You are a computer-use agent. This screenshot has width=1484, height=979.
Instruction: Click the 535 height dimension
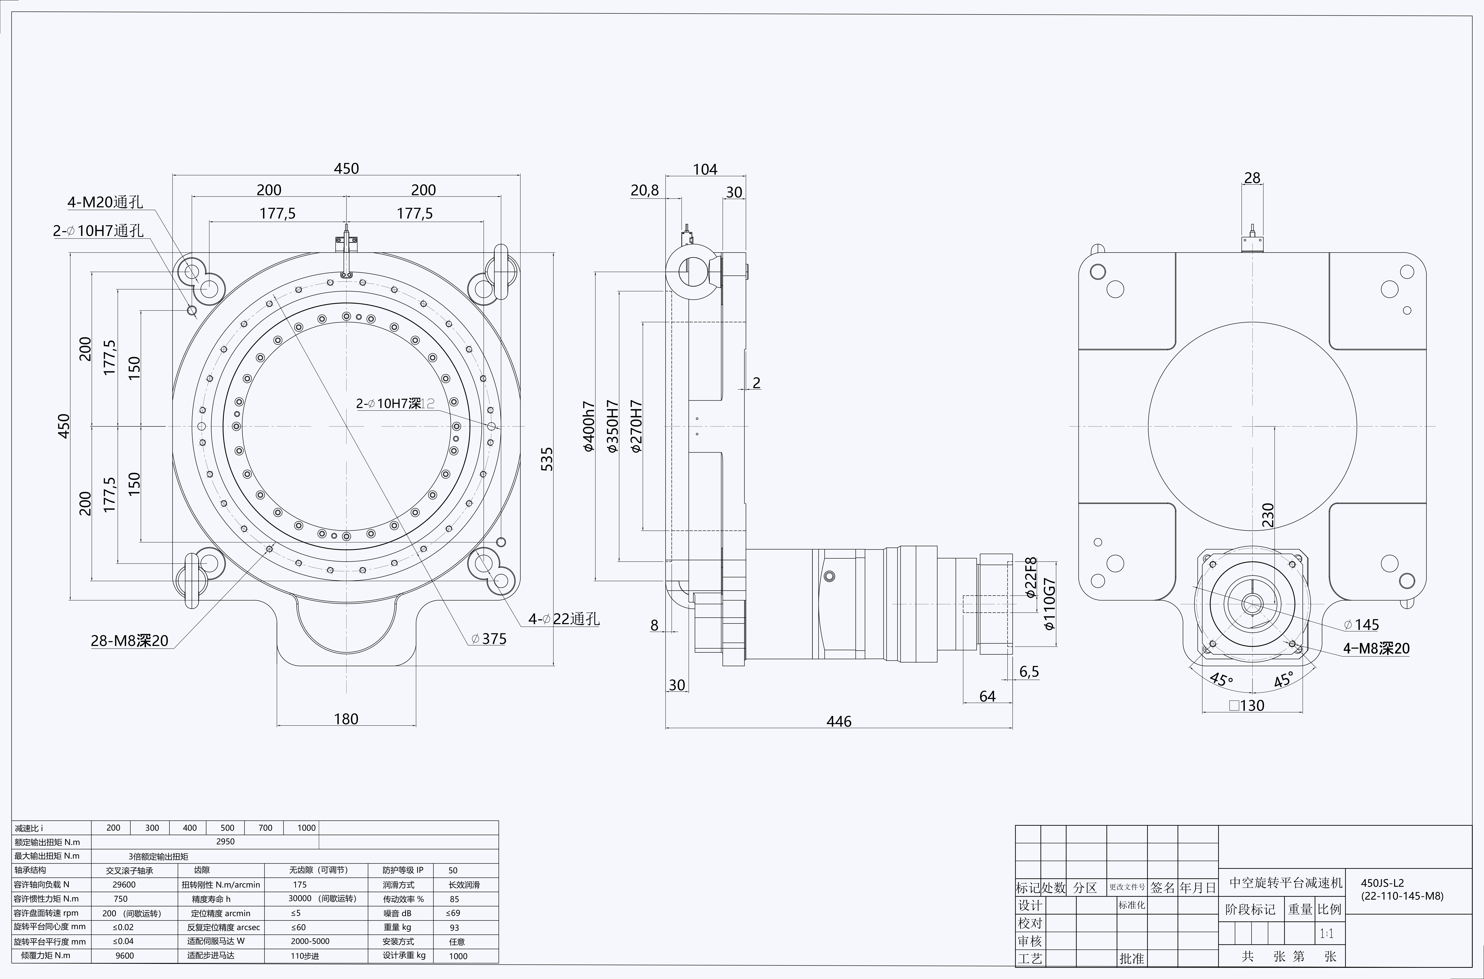pyautogui.click(x=546, y=459)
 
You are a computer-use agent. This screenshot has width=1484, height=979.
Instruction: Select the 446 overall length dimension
pyautogui.click(x=838, y=721)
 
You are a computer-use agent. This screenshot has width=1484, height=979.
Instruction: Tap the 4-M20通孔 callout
pyautogui.click(x=105, y=202)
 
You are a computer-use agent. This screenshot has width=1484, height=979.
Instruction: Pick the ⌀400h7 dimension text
pyautogui.click(x=589, y=426)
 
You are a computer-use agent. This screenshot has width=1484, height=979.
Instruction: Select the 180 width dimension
pyautogui.click(x=346, y=719)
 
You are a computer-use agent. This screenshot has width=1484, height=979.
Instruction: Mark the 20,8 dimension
pyautogui.click(x=644, y=190)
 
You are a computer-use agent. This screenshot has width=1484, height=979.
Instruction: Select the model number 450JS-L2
pyautogui.click(x=1382, y=883)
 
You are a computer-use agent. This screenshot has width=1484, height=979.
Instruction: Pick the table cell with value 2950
pyautogui.click(x=225, y=842)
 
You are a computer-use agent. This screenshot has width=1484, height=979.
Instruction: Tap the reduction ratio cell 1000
pyautogui.click(x=306, y=828)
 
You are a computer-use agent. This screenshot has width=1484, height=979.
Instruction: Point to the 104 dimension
pyautogui.click(x=705, y=169)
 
